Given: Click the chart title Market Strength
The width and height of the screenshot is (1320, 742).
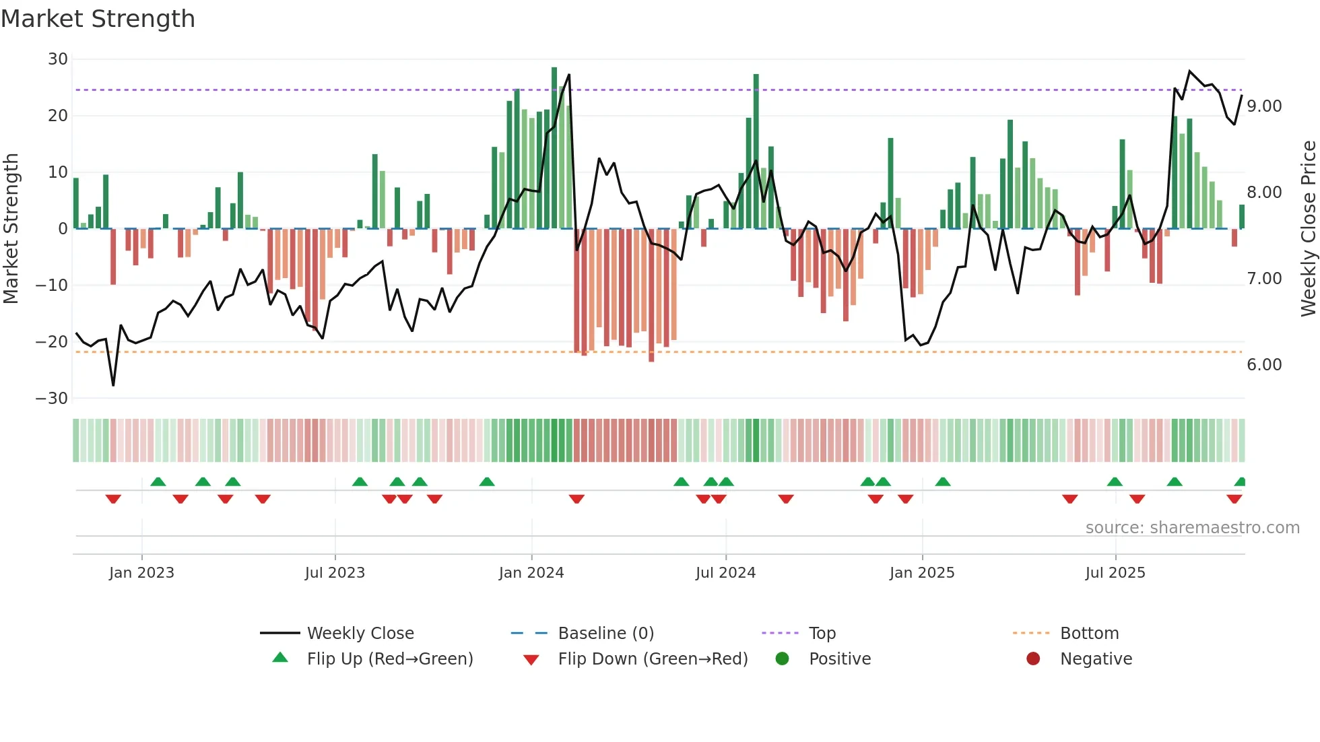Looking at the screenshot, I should pyautogui.click(x=98, y=19).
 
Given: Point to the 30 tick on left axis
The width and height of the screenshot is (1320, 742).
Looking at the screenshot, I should pyautogui.click(x=58, y=59).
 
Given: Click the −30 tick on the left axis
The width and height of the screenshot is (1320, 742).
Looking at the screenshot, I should pyautogui.click(x=53, y=398).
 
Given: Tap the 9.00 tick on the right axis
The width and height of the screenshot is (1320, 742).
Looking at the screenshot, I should pyautogui.click(x=1264, y=106).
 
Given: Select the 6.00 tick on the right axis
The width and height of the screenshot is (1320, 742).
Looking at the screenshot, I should pyautogui.click(x=1264, y=365).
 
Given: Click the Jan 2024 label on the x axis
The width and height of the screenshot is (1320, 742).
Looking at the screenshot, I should pyautogui.click(x=531, y=573).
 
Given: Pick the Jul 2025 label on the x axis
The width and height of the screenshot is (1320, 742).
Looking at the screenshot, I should pyautogui.click(x=1115, y=573).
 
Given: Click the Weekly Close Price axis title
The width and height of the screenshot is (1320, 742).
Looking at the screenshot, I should pyautogui.click(x=1308, y=228).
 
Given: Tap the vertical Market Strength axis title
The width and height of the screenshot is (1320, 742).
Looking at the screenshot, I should pyautogui.click(x=11, y=228).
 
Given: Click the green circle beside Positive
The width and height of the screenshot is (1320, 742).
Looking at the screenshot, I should pyautogui.click(x=782, y=659).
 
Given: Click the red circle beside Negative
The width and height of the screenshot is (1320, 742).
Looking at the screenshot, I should pyautogui.click(x=1033, y=659).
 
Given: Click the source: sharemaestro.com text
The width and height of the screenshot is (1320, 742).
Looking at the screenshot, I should pyautogui.click(x=1192, y=528).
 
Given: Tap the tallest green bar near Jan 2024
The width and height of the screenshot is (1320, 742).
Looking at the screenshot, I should pyautogui.click(x=554, y=148).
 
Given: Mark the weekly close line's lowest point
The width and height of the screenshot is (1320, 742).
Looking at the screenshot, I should pyautogui.click(x=113, y=385).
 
